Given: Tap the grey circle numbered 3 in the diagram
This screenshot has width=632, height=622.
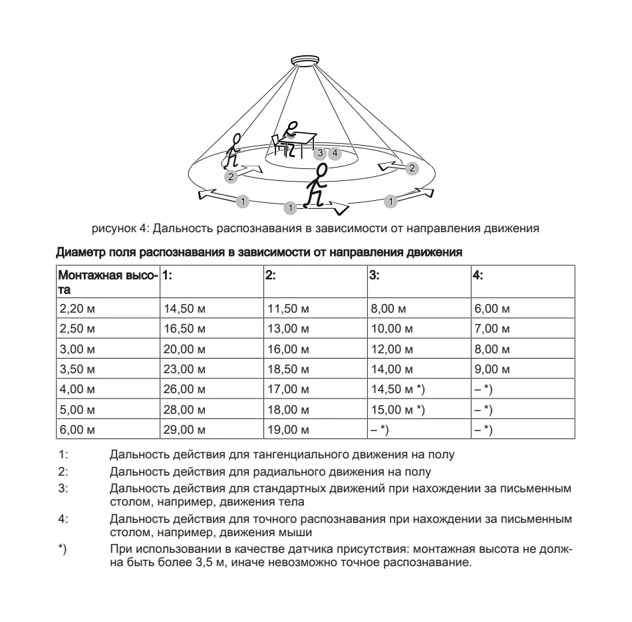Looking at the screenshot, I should [321, 154].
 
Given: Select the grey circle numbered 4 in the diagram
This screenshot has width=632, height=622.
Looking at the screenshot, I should [335, 154].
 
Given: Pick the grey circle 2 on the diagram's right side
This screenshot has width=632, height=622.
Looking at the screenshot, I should [412, 168].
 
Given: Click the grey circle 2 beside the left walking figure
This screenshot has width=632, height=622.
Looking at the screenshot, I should [231, 176].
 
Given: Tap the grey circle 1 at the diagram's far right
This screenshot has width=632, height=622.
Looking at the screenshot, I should [391, 200].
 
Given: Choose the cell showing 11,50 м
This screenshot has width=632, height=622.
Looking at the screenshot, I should [287, 309].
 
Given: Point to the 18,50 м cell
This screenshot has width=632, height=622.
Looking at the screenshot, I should [287, 369].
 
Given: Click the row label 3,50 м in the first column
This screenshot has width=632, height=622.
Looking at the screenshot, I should [77, 369].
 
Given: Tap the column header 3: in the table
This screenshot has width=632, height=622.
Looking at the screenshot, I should [375, 275].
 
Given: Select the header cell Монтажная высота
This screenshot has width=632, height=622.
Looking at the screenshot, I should [107, 282].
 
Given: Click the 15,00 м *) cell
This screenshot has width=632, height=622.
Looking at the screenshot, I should [396, 410].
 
